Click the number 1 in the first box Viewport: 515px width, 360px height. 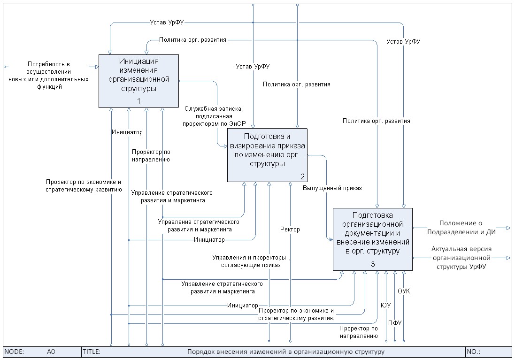[138, 101]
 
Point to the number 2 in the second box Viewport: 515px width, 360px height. [303, 176]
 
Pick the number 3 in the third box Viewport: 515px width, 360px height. [373, 264]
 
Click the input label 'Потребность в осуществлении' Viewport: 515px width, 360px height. [48, 75]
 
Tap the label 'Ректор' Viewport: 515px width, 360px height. [290, 230]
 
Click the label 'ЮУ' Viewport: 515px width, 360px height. [385, 306]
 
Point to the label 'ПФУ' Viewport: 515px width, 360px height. [395, 323]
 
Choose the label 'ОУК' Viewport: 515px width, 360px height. [404, 291]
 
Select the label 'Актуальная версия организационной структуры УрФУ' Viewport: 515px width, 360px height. [461, 258]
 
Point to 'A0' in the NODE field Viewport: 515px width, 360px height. [51, 352]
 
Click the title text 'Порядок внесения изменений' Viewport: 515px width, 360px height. [286, 352]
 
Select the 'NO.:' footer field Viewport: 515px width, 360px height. [474, 352]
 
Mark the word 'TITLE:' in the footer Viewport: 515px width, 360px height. [92, 352]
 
